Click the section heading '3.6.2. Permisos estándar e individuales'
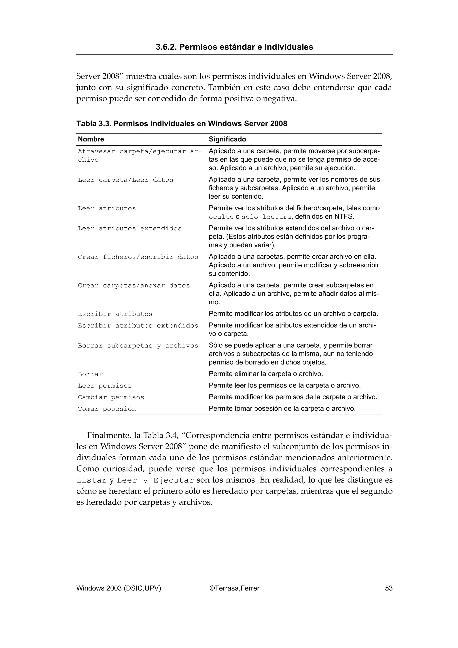pos(234,47)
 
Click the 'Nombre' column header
pos(91,139)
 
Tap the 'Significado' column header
pos(227,139)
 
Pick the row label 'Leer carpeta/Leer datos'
pos(125,180)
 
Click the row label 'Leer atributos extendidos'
pos(129,229)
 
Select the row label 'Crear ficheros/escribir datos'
pos(138,257)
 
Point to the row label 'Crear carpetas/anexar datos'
pos(134,286)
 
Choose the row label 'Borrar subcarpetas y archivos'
pos(138,346)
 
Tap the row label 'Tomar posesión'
pos(107,409)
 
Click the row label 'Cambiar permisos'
pos(111,397)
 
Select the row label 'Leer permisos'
pos(105,386)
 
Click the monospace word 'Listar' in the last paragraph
pos(91,480)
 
